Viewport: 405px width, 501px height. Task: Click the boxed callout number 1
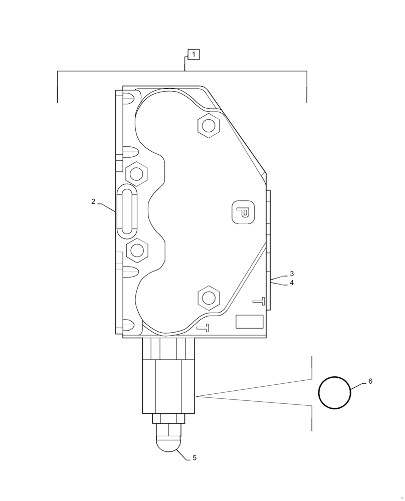click(x=193, y=54)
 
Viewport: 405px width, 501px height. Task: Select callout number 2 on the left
click(x=93, y=202)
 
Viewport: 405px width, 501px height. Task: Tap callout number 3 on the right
click(x=292, y=274)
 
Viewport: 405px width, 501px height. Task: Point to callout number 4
click(x=292, y=283)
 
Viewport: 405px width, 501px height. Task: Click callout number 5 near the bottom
click(x=194, y=458)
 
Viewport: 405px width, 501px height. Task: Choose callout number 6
click(x=370, y=381)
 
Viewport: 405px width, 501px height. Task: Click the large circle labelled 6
click(x=335, y=393)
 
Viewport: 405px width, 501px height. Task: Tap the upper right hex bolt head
click(x=209, y=125)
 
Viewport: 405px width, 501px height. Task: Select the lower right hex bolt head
click(x=209, y=298)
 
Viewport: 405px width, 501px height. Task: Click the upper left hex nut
click(x=136, y=174)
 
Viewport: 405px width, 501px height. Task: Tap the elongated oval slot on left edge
click(x=125, y=211)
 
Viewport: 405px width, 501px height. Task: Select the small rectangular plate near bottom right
click(x=249, y=322)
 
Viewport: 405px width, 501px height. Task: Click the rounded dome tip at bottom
click(x=169, y=443)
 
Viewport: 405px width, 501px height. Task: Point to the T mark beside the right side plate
click(x=259, y=301)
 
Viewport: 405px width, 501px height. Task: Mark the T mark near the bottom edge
click(x=202, y=328)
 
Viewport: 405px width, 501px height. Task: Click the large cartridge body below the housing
click(x=168, y=386)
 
